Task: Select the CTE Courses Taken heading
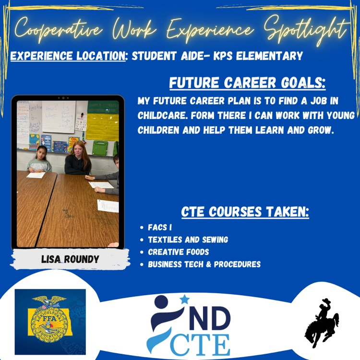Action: point(245,212)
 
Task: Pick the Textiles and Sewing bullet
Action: point(188,240)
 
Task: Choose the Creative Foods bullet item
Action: point(178,252)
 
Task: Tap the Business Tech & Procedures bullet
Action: point(204,264)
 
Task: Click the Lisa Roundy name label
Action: point(70,259)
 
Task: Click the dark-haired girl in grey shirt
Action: point(39,160)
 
